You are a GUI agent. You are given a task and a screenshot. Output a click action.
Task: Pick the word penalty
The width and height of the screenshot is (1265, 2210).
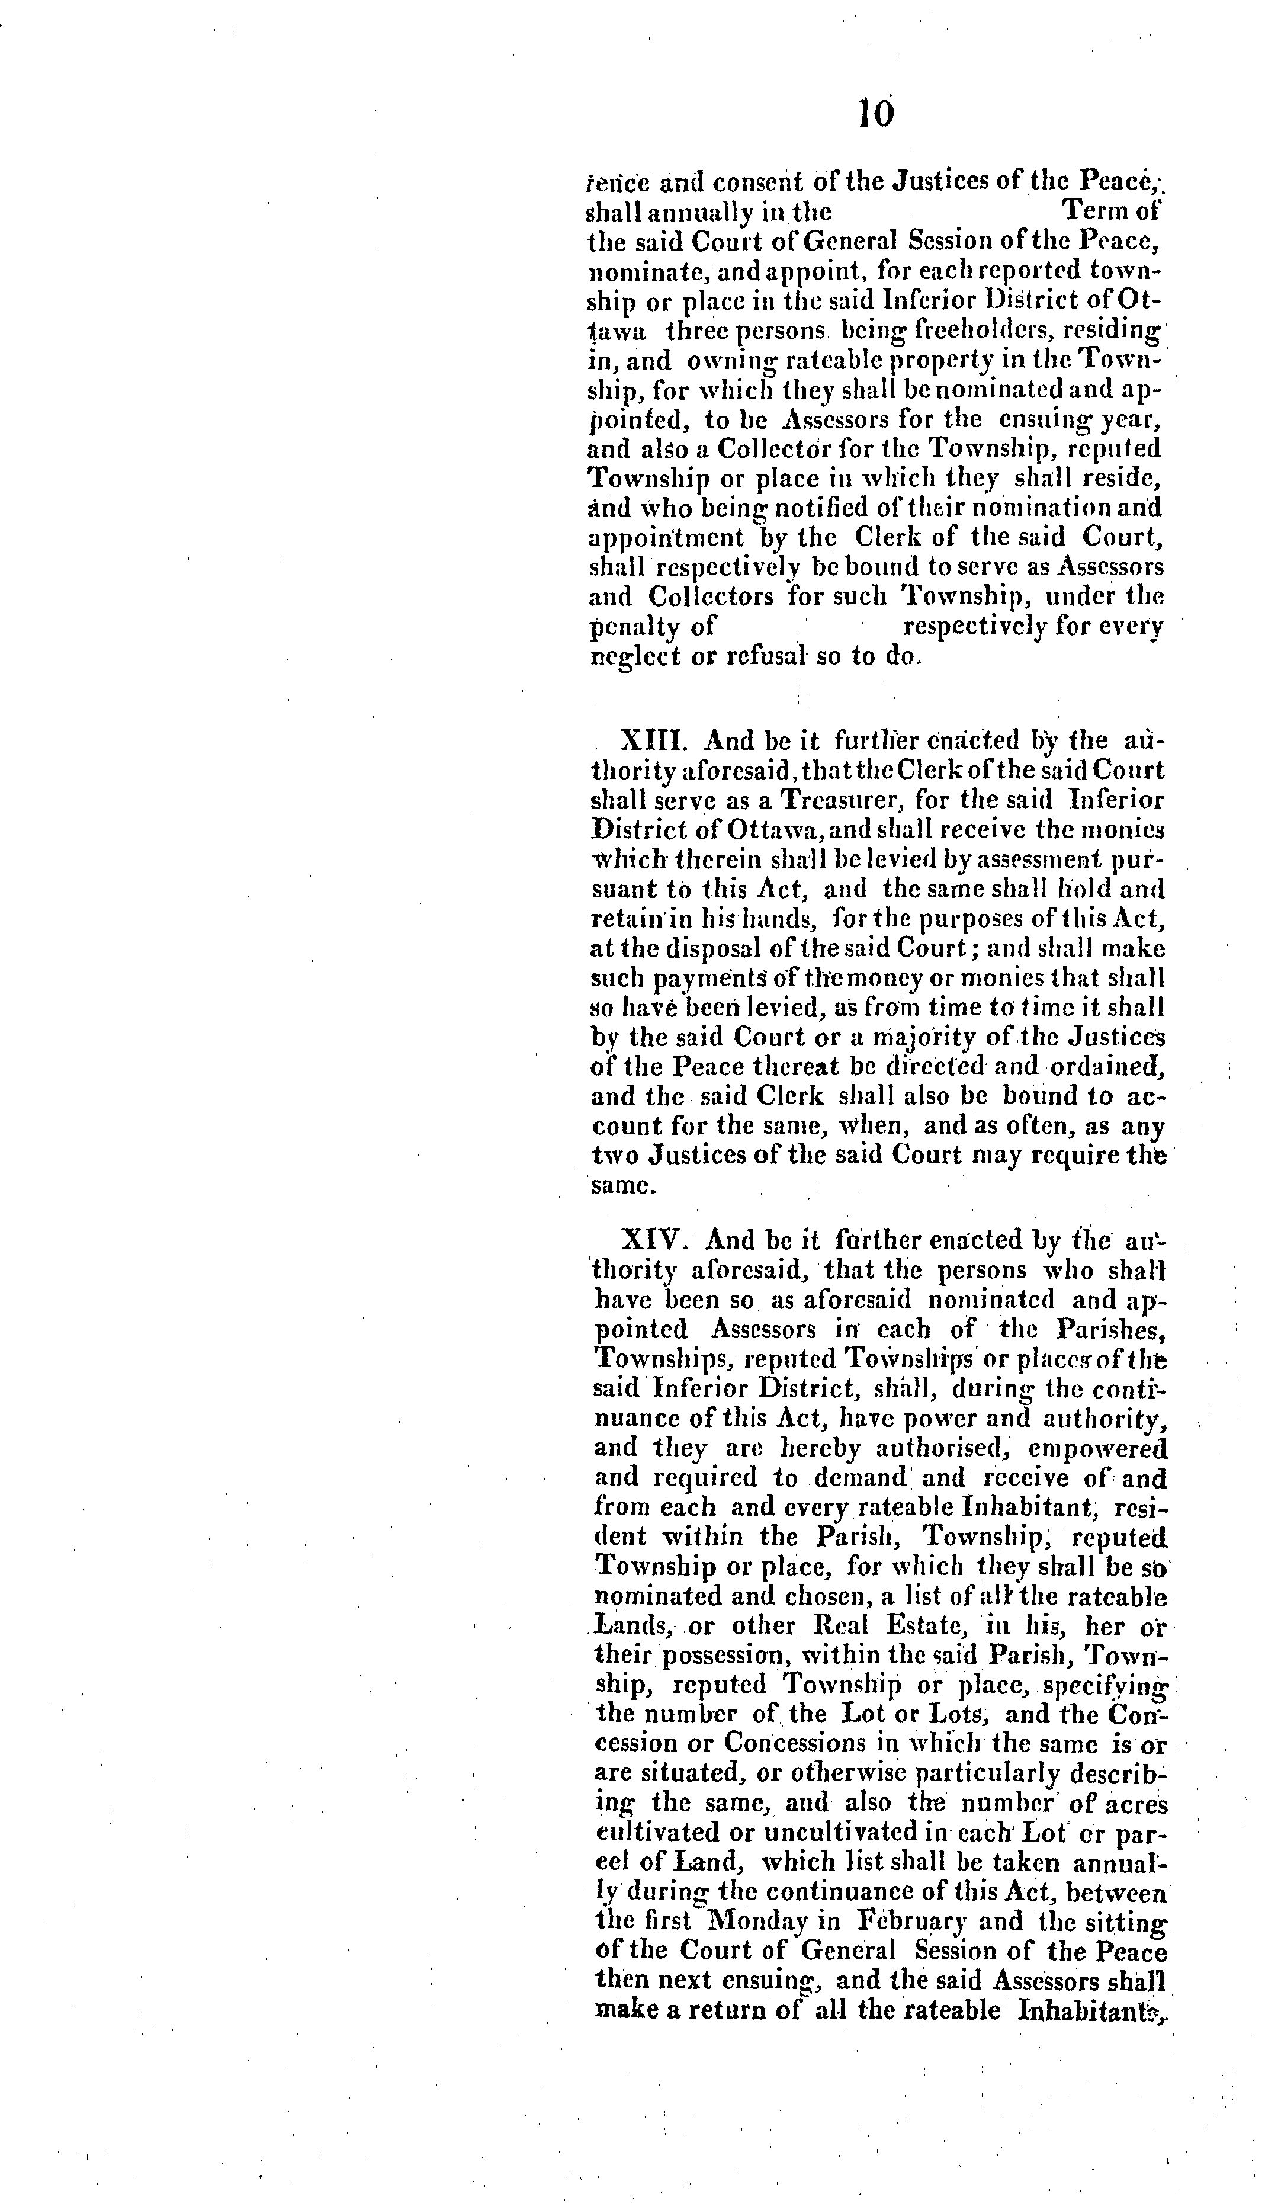click(638, 626)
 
